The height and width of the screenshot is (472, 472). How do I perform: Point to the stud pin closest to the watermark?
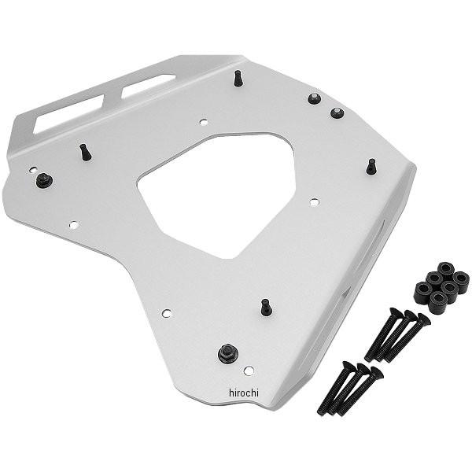coord(266,306)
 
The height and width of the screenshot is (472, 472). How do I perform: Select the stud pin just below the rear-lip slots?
coord(86,151)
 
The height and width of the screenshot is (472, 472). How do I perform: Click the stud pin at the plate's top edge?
coord(237,79)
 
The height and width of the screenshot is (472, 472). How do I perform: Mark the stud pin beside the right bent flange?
coord(371,166)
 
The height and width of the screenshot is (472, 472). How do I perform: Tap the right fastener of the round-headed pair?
coord(337,112)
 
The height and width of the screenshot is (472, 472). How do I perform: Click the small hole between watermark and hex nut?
coord(249,371)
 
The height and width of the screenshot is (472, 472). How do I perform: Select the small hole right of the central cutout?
coord(314,202)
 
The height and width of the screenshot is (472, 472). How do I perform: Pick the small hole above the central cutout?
coord(203,122)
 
